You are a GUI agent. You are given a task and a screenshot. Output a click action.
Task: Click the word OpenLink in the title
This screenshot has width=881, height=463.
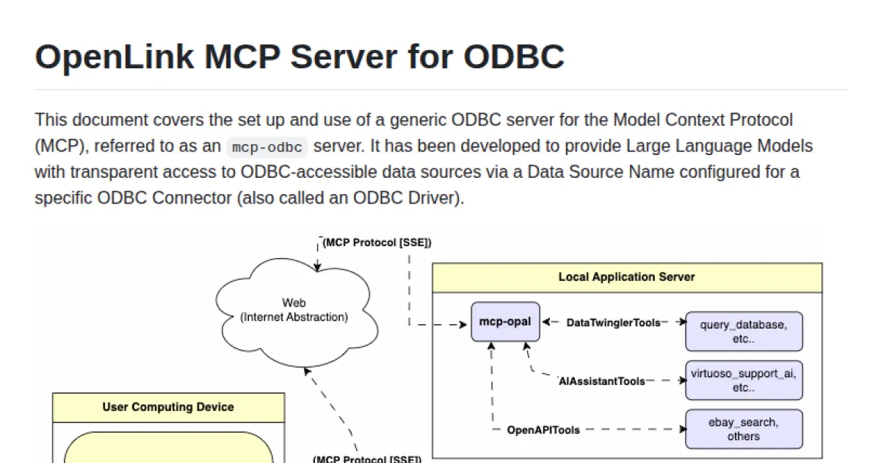113,57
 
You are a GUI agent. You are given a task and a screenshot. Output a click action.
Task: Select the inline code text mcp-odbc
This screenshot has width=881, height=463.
267,147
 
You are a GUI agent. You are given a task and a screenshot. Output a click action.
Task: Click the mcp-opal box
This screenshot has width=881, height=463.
505,322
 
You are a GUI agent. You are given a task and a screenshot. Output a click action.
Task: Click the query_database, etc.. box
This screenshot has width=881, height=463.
744,331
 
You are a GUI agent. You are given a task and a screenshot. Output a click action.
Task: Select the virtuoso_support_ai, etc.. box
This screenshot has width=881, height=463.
744,380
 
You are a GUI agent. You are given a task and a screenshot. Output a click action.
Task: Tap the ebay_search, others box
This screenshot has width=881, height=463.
744,429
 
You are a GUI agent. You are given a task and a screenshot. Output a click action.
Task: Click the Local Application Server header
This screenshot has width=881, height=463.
626,277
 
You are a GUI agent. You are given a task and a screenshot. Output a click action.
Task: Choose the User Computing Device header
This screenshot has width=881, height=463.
168,407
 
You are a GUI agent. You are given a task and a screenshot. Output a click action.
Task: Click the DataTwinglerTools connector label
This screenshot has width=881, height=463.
613,323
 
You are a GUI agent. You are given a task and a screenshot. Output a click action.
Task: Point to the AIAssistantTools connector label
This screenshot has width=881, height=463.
602,381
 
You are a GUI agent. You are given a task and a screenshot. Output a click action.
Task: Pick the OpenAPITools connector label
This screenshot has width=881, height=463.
543,430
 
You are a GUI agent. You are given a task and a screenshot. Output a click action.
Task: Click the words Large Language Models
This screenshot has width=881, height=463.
719,146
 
